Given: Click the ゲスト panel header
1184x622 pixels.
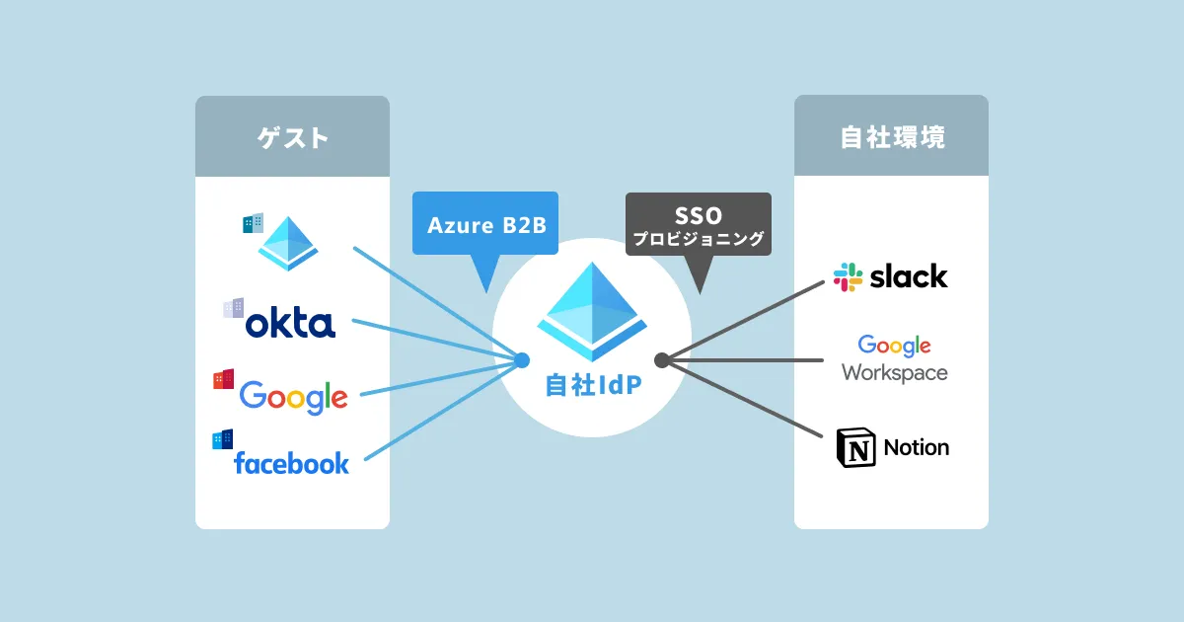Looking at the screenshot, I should point(292,137).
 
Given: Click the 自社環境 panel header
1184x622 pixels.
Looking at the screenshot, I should point(891,137).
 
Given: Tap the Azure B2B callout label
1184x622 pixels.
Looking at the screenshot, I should point(485,225).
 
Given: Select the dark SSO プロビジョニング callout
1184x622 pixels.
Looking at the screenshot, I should point(699,225).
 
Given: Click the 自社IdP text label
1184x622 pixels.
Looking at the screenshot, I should point(592,386).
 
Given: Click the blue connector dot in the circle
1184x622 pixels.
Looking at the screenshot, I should point(522,360).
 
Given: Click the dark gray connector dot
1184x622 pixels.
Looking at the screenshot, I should point(662,360).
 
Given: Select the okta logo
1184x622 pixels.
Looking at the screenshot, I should point(290,323).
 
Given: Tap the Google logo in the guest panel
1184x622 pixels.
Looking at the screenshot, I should point(293,397).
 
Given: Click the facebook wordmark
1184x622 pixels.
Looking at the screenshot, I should point(291,462).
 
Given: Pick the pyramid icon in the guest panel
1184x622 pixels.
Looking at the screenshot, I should point(288,245).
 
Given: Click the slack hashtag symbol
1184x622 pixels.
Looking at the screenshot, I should point(848,276).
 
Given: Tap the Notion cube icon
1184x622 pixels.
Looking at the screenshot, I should point(854,447).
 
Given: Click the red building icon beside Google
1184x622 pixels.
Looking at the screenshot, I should point(223,379).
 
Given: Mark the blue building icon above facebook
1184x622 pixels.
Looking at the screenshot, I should point(222,439).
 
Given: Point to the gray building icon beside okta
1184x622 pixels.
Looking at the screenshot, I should point(233,308).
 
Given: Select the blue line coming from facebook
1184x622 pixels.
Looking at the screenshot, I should point(444,410).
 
